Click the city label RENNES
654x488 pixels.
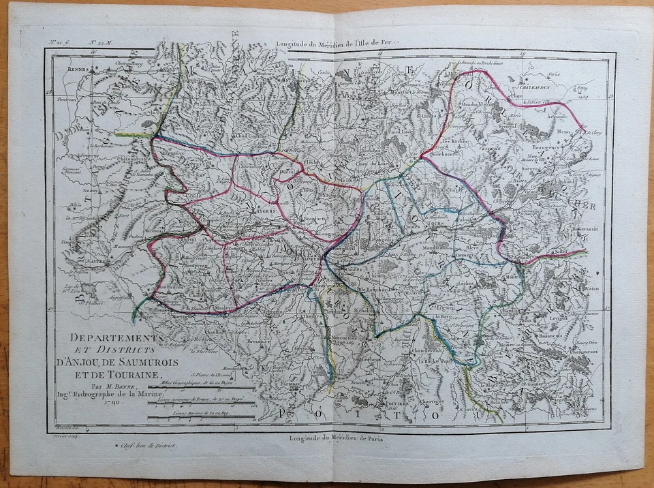(79, 70)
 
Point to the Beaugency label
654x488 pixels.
(547, 147)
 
